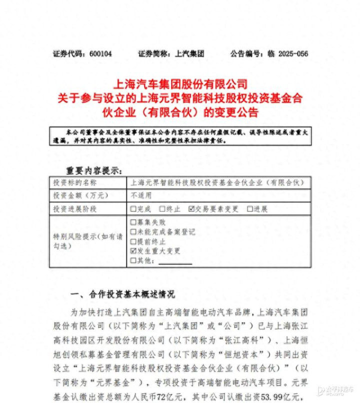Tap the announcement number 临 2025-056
tap(289, 53)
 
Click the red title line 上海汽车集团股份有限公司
tap(181, 83)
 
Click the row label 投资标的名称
tap(75, 183)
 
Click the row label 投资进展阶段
tap(75, 209)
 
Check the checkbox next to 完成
tap(133, 209)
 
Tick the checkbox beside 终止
tap(162, 209)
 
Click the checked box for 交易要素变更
tap(191, 209)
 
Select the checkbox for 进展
tap(249, 209)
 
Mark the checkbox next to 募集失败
tap(133, 222)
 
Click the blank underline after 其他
tap(174, 261)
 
